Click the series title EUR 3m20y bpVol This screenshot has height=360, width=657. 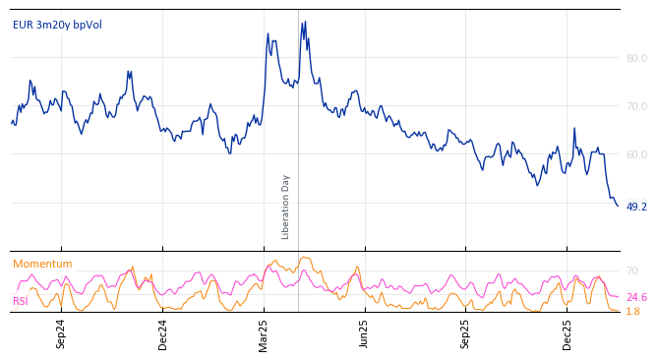click(57, 26)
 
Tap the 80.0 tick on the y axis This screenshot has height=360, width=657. click(636, 58)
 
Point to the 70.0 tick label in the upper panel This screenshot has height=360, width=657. click(636, 106)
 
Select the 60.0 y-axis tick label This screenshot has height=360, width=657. click(636, 154)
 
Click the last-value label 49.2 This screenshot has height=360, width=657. click(636, 207)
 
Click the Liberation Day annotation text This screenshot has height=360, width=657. click(286, 207)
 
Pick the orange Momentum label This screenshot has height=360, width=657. click(42, 265)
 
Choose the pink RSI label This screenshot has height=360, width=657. click(20, 301)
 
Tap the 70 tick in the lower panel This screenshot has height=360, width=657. click(632, 270)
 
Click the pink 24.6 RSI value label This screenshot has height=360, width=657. click(636, 297)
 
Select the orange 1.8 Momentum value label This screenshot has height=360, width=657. click(632, 311)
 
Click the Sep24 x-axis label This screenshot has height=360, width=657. click(61, 333)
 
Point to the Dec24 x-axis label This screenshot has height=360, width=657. click(163, 333)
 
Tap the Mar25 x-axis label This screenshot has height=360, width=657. click(264, 333)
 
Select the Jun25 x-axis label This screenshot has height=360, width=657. click(365, 333)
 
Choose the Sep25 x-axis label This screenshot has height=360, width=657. click(466, 333)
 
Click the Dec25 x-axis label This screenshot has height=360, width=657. click(567, 333)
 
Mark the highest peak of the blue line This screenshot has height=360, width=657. click(304, 22)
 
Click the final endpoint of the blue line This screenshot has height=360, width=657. click(618, 206)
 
